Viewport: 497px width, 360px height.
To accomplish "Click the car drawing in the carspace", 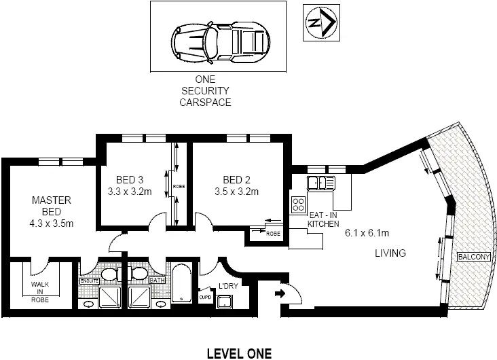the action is coord(217,38).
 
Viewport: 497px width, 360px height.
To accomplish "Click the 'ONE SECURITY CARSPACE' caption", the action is coord(205,91).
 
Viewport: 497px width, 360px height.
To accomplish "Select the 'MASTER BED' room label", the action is coord(52,206).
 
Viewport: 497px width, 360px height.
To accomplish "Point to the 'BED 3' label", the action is coord(130,179).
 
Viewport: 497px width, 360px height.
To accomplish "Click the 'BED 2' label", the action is coord(237,179).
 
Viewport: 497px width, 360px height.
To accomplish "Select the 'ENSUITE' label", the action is coord(89,280).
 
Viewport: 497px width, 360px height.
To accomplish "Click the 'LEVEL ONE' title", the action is coord(238,353).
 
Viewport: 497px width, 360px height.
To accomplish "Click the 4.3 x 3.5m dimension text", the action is coord(52,223).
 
